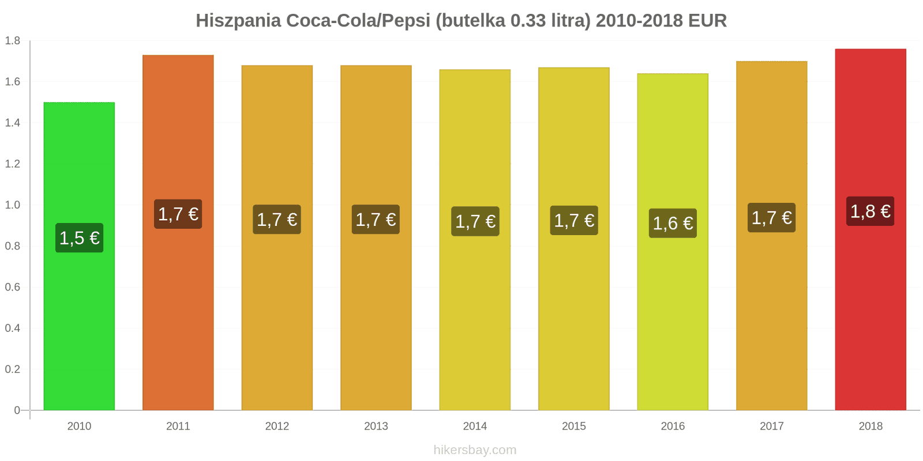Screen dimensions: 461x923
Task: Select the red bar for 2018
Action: [x=870, y=317]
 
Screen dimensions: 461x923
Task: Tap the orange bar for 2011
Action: [x=178, y=317]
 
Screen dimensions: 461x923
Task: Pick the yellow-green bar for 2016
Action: [x=673, y=317]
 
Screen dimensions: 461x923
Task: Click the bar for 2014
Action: [x=475, y=317]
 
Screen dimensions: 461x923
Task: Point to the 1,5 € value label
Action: [x=80, y=238]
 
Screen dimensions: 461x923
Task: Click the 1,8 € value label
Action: [x=870, y=211]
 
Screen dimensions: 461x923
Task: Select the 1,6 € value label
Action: [x=673, y=224]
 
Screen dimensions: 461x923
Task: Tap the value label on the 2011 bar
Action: [x=178, y=214]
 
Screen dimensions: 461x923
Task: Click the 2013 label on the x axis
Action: [x=376, y=426]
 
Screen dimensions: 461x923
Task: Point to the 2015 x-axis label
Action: [x=574, y=426]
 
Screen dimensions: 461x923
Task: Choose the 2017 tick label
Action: [x=771, y=426]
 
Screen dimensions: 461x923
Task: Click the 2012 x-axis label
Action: [x=277, y=426]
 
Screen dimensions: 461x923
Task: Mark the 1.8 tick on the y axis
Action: [x=13, y=41]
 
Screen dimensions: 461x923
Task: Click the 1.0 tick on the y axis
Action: [x=13, y=205]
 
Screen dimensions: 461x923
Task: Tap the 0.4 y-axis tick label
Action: [x=13, y=328]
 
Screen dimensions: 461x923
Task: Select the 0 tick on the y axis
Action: [x=17, y=410]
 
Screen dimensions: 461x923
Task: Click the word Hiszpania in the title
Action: [x=238, y=21]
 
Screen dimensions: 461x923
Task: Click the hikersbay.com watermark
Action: [x=475, y=450]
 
